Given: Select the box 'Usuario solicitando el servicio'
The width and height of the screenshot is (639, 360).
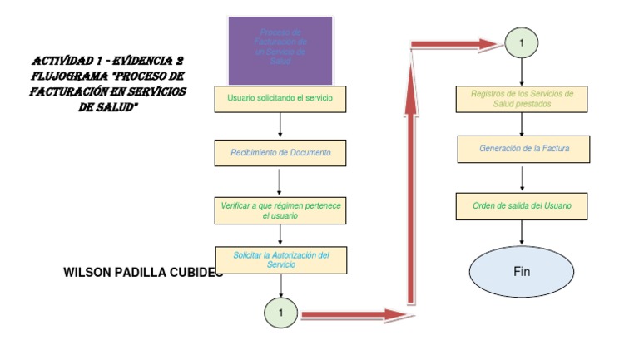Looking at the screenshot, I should (x=280, y=99).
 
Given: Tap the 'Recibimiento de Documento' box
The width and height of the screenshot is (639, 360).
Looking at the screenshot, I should (x=280, y=153).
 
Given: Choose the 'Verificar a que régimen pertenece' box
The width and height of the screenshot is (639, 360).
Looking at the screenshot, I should (x=280, y=210).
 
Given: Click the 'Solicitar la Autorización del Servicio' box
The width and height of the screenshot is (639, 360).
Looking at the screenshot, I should (x=280, y=260).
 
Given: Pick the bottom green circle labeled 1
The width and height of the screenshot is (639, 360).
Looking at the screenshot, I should (x=281, y=313).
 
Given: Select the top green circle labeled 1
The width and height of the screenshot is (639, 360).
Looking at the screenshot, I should (x=522, y=42).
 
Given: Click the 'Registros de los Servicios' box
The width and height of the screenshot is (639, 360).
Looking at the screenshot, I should (x=522, y=99).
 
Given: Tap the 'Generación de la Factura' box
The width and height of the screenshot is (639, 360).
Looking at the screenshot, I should (x=522, y=150).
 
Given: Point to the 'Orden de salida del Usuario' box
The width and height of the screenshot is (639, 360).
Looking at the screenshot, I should (x=522, y=206).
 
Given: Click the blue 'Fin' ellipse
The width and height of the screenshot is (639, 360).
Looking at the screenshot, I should (x=522, y=272).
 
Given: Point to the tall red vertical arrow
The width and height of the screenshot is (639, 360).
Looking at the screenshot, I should (x=411, y=183).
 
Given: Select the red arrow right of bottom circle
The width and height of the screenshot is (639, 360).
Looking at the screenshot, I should (x=354, y=314).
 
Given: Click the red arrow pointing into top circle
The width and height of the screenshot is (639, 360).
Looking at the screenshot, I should (x=458, y=44).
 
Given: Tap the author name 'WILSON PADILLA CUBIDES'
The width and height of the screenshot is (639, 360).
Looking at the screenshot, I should (x=142, y=272).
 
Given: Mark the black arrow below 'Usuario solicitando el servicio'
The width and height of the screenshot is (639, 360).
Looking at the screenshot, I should (x=280, y=125).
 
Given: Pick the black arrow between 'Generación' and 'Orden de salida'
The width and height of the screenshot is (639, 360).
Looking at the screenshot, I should (x=522, y=178).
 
